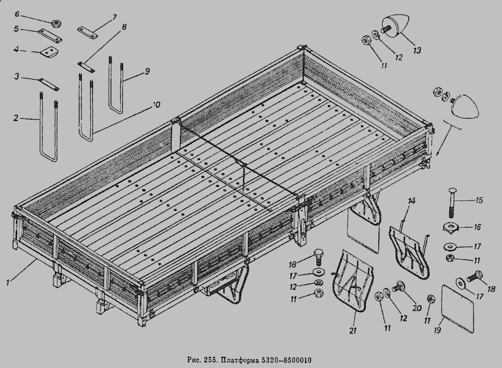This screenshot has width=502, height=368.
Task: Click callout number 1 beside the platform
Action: point(8,283)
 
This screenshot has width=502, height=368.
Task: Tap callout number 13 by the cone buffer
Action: point(417,50)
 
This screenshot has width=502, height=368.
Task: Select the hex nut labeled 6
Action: point(56,23)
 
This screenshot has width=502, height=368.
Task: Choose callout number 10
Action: point(156,104)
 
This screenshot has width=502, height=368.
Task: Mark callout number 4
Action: point(17,49)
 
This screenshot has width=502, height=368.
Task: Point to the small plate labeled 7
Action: point(87,32)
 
